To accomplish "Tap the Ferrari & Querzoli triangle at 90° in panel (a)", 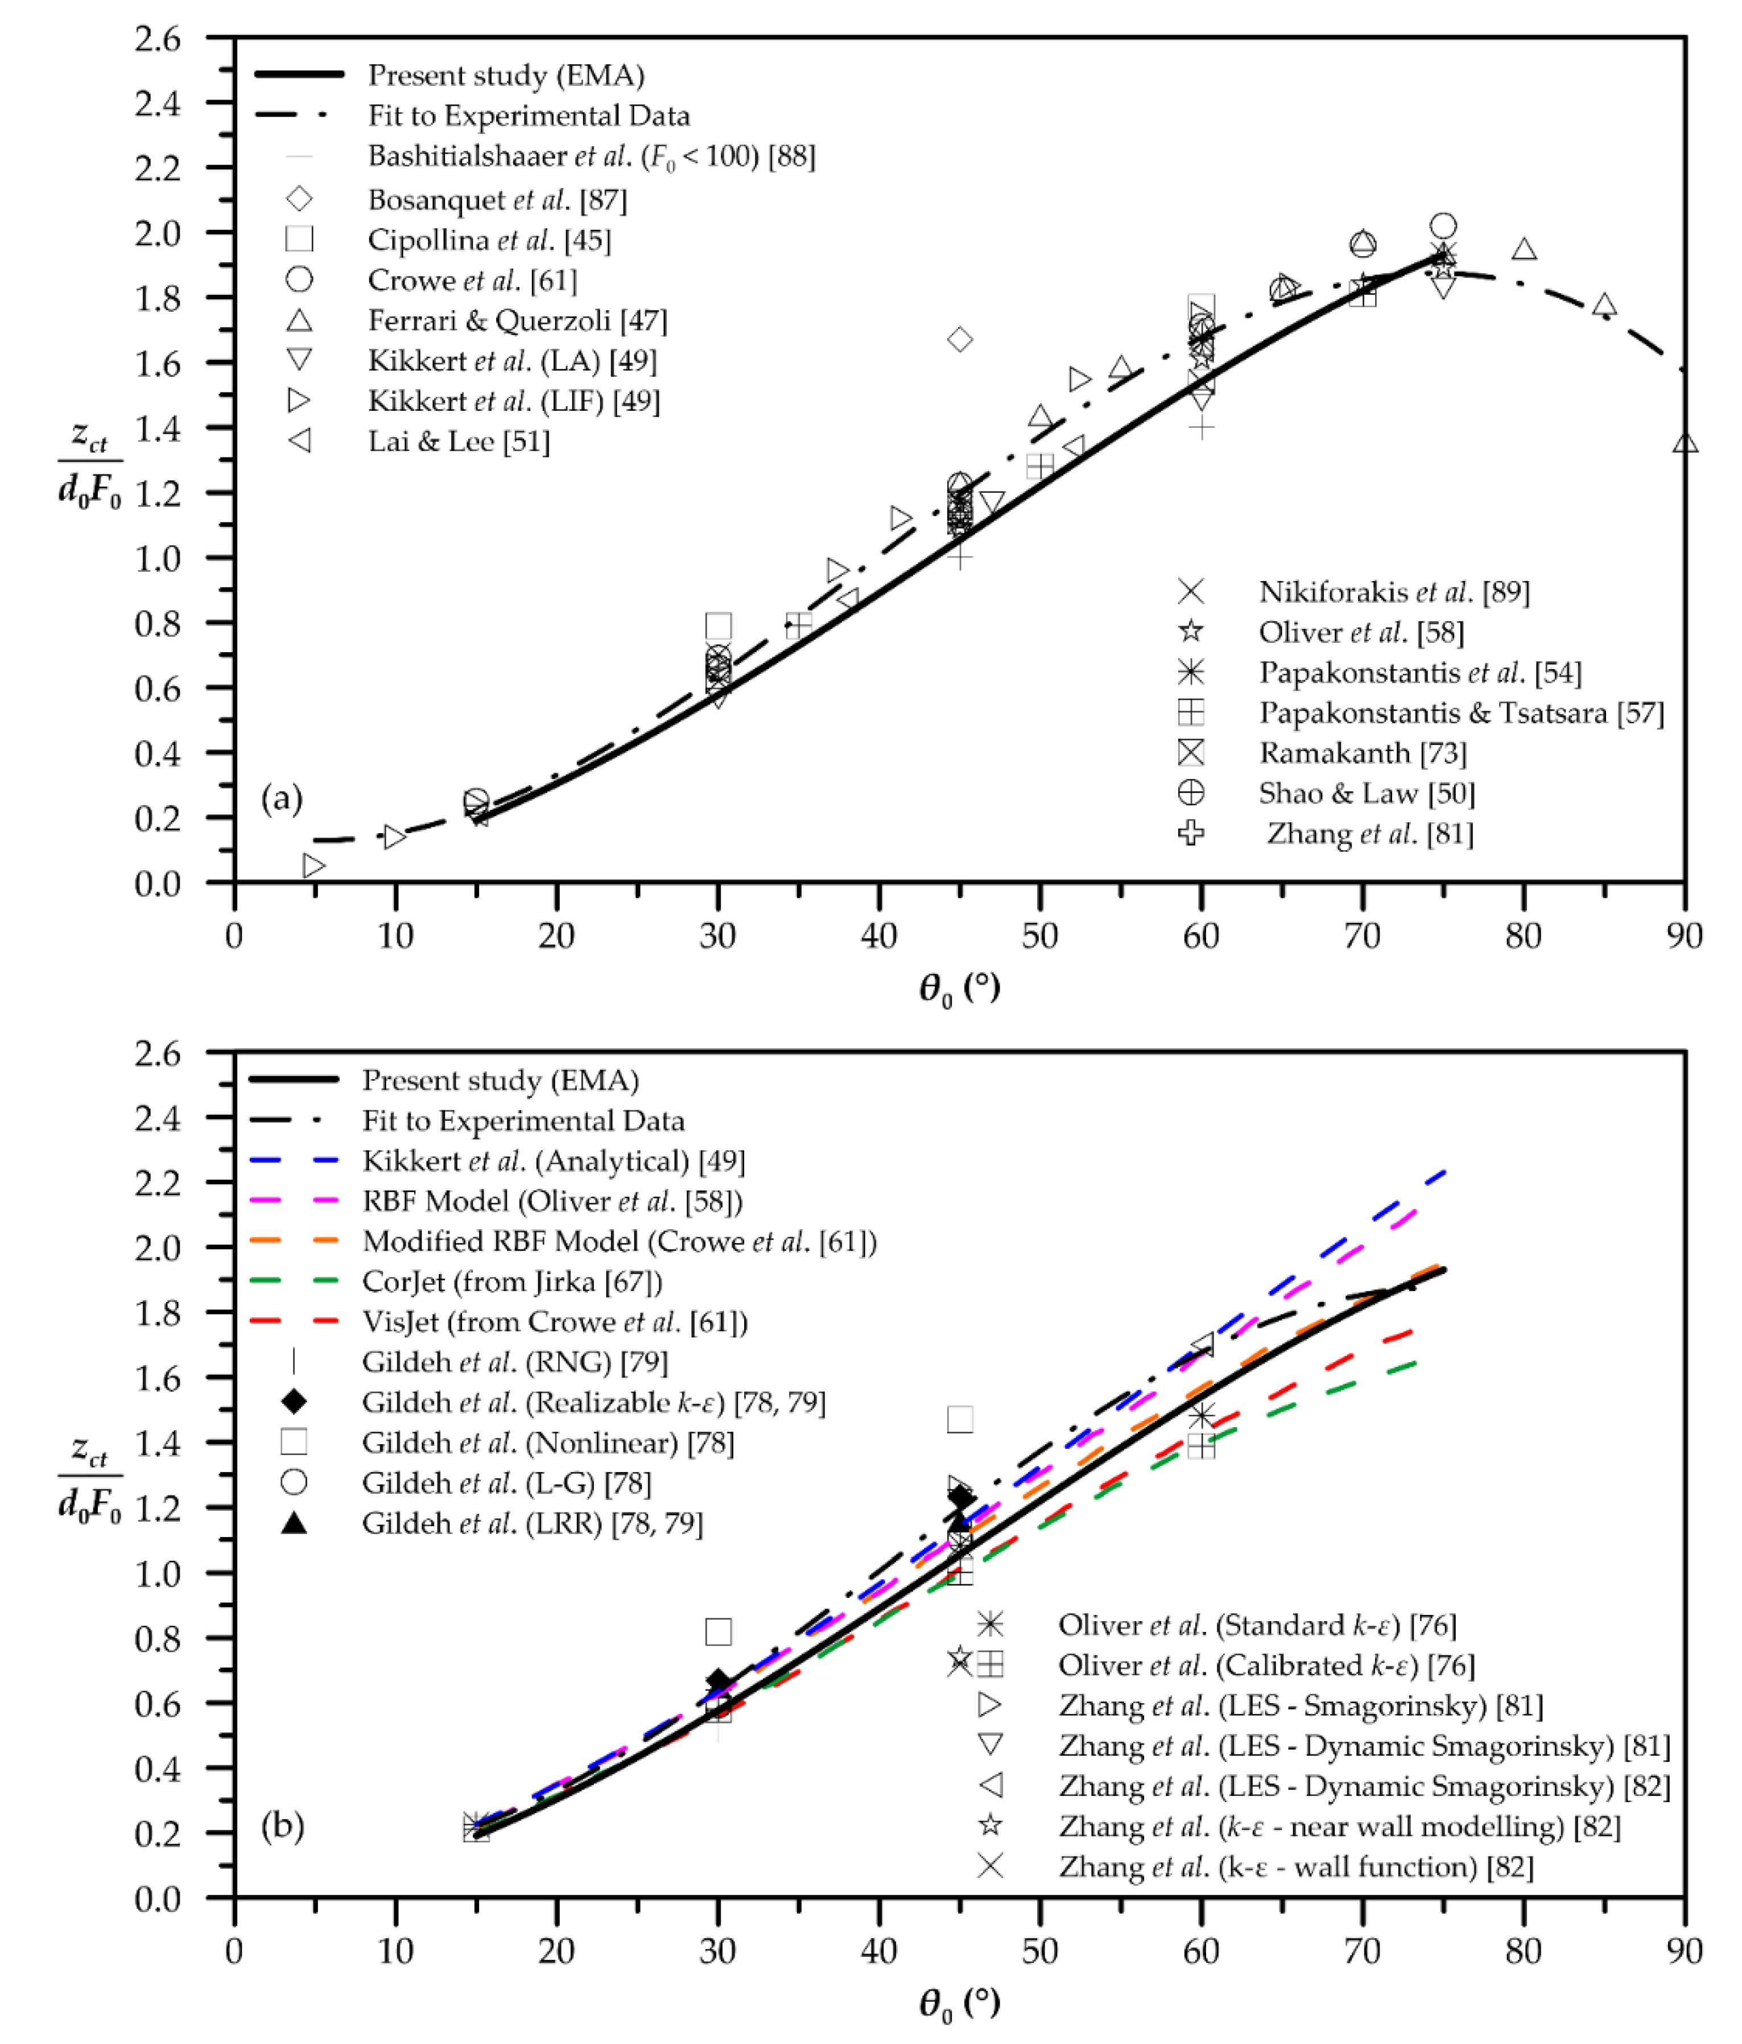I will [x=1685, y=443].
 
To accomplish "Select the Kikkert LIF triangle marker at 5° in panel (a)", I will [x=313, y=865].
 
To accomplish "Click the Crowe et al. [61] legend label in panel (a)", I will [x=472, y=280].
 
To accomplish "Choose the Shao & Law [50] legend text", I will [x=1366, y=793].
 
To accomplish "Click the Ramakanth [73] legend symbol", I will [x=1191, y=753].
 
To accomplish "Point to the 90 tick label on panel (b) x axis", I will [x=1685, y=1950].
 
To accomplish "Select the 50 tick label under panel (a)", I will [x=1039, y=935].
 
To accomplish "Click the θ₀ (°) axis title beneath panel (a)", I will [x=959, y=987].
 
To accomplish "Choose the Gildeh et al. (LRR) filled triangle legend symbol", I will [x=294, y=1523].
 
